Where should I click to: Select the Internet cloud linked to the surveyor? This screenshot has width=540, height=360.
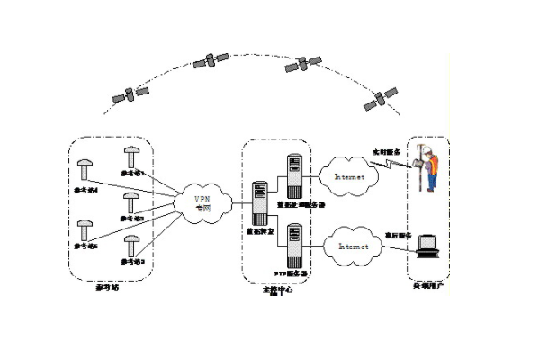(349, 177)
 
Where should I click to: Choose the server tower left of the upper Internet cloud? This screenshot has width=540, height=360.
(293, 174)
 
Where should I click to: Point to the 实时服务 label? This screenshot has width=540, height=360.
(385, 152)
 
